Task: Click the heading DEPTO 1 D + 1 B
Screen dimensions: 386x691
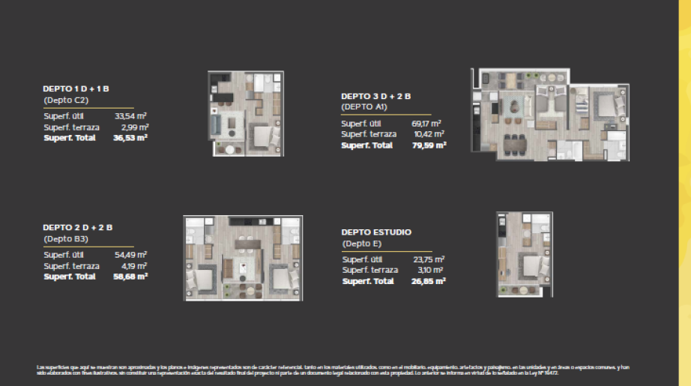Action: tap(76, 88)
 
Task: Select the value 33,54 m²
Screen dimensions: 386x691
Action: tap(130, 116)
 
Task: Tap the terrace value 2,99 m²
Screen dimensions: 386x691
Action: tap(133, 127)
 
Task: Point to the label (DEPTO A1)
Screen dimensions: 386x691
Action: tap(363, 107)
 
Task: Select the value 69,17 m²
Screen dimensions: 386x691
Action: tap(426, 123)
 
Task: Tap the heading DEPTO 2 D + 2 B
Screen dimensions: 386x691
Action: tap(77, 226)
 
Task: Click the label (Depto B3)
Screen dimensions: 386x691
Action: tap(66, 238)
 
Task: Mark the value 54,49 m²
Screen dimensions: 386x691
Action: tap(130, 255)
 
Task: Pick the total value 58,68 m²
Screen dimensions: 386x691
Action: tap(130, 277)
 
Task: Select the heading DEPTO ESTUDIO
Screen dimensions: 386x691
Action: tap(376, 232)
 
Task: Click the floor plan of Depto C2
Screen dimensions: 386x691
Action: tap(245, 114)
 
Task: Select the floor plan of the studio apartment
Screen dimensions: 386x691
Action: tap(524, 254)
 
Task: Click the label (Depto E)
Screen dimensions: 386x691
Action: tap(363, 244)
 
